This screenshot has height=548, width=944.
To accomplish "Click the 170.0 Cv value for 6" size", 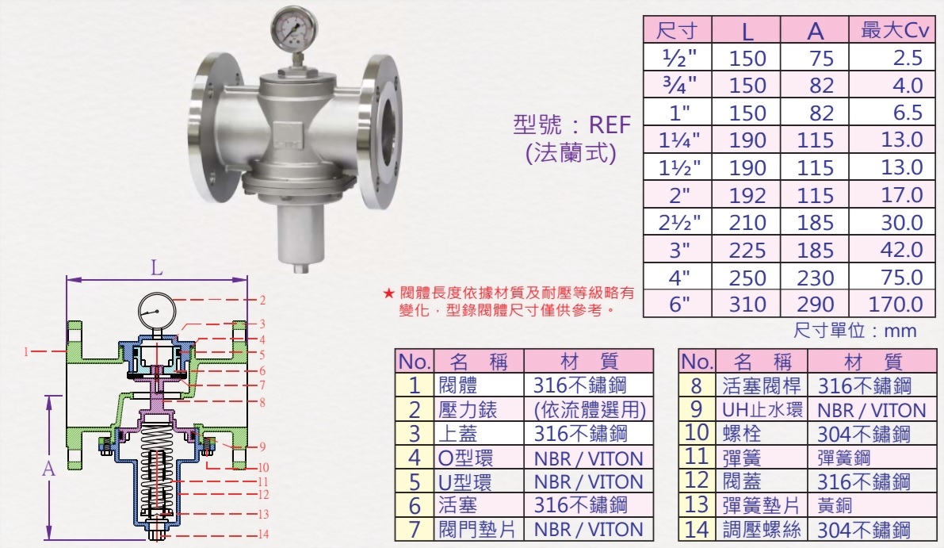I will [x=896, y=305].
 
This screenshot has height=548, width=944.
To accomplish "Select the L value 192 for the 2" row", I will [x=747, y=195].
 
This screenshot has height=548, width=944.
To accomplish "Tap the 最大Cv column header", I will [x=894, y=31].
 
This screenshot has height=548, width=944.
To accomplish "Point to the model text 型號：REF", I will [x=572, y=125].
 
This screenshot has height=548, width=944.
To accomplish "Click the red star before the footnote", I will [x=388, y=293].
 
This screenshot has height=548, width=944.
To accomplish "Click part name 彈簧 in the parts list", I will [x=739, y=458].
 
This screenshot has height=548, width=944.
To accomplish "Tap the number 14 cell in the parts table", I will [x=697, y=530].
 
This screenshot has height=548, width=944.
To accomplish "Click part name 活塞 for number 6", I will [x=457, y=505].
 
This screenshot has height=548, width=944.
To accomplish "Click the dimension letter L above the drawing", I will [x=157, y=268].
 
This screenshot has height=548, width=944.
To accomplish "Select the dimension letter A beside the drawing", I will [x=48, y=469].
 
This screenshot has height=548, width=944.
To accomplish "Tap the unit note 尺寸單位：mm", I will [x=854, y=330].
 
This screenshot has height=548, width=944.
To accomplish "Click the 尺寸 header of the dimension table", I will [x=677, y=31].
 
